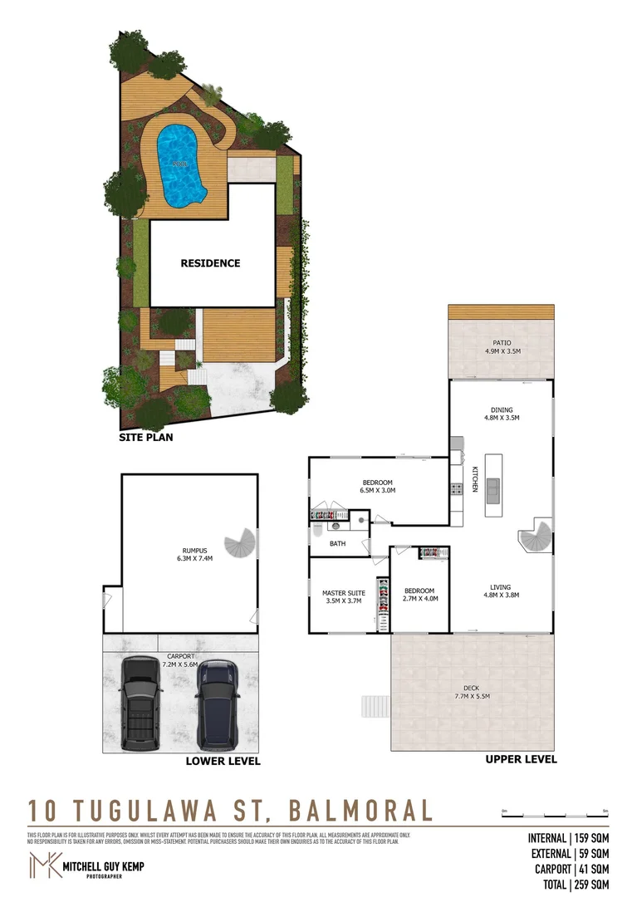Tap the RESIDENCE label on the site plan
point(210,263)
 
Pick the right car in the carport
point(218,703)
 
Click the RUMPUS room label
point(194,550)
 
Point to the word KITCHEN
point(474,480)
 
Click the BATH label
point(337,544)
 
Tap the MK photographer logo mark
point(46,865)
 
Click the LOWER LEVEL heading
point(223,761)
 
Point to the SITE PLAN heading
point(145,437)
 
